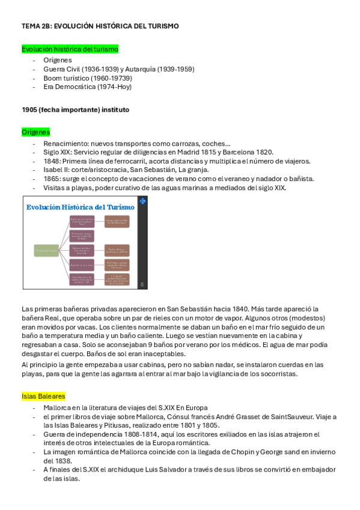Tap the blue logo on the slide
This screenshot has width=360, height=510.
142,202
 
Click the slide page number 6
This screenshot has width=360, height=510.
142,284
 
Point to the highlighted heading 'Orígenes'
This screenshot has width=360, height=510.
35,132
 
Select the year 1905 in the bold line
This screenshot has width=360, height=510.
30,110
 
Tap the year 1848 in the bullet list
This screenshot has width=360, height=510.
52,161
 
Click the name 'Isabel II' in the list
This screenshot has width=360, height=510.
55,170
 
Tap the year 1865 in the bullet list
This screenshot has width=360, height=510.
52,179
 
